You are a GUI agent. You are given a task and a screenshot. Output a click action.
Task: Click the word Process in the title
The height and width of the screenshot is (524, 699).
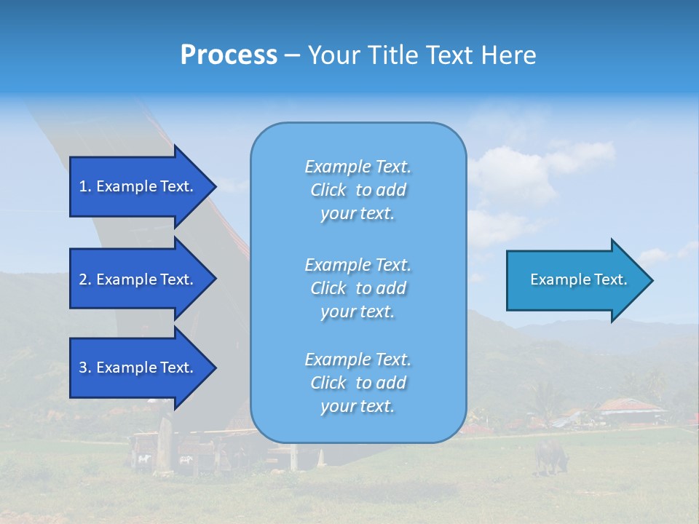tap(229, 55)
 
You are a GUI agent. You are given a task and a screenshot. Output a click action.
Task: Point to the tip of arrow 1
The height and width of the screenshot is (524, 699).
tap(215, 186)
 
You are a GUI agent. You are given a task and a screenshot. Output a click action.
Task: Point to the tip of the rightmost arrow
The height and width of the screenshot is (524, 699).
tap(652, 280)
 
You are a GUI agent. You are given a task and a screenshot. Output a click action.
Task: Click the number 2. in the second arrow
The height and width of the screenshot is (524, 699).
tap(85, 279)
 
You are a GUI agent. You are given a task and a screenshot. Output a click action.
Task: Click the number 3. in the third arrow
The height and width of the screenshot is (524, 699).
tap(85, 368)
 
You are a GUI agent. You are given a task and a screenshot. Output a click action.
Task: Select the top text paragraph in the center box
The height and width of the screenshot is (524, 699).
tap(358, 190)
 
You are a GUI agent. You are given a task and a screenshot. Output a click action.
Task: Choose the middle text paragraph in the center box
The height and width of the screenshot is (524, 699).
tap(358, 288)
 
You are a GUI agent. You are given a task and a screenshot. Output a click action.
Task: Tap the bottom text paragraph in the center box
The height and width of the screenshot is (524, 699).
tap(358, 383)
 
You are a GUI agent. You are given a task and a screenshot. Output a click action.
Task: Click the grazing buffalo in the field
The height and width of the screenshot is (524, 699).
tap(550, 456)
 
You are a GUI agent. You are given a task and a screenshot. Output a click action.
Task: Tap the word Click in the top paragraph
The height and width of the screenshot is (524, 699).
tap(328, 190)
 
